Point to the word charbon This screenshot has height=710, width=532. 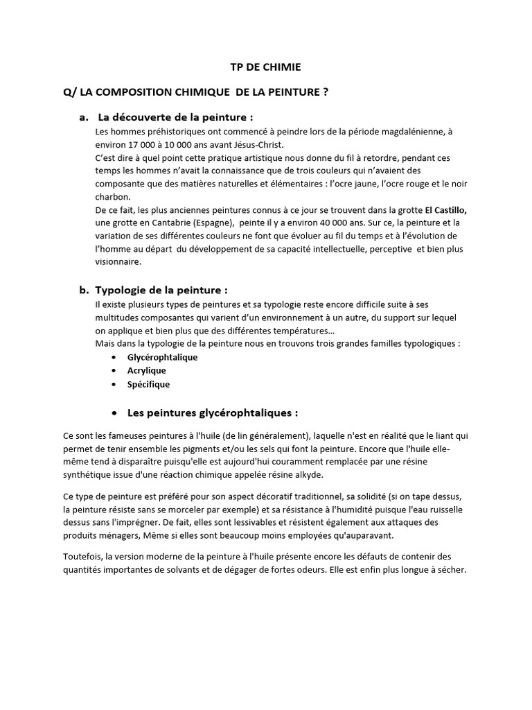pyautogui.click(x=111, y=196)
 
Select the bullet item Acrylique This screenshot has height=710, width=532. pyautogui.click(x=146, y=370)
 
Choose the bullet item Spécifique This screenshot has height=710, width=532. pyautogui.click(x=148, y=384)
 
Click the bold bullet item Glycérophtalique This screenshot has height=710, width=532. pyautogui.click(x=162, y=357)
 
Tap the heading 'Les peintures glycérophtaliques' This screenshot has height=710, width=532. pyautogui.click(x=212, y=413)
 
